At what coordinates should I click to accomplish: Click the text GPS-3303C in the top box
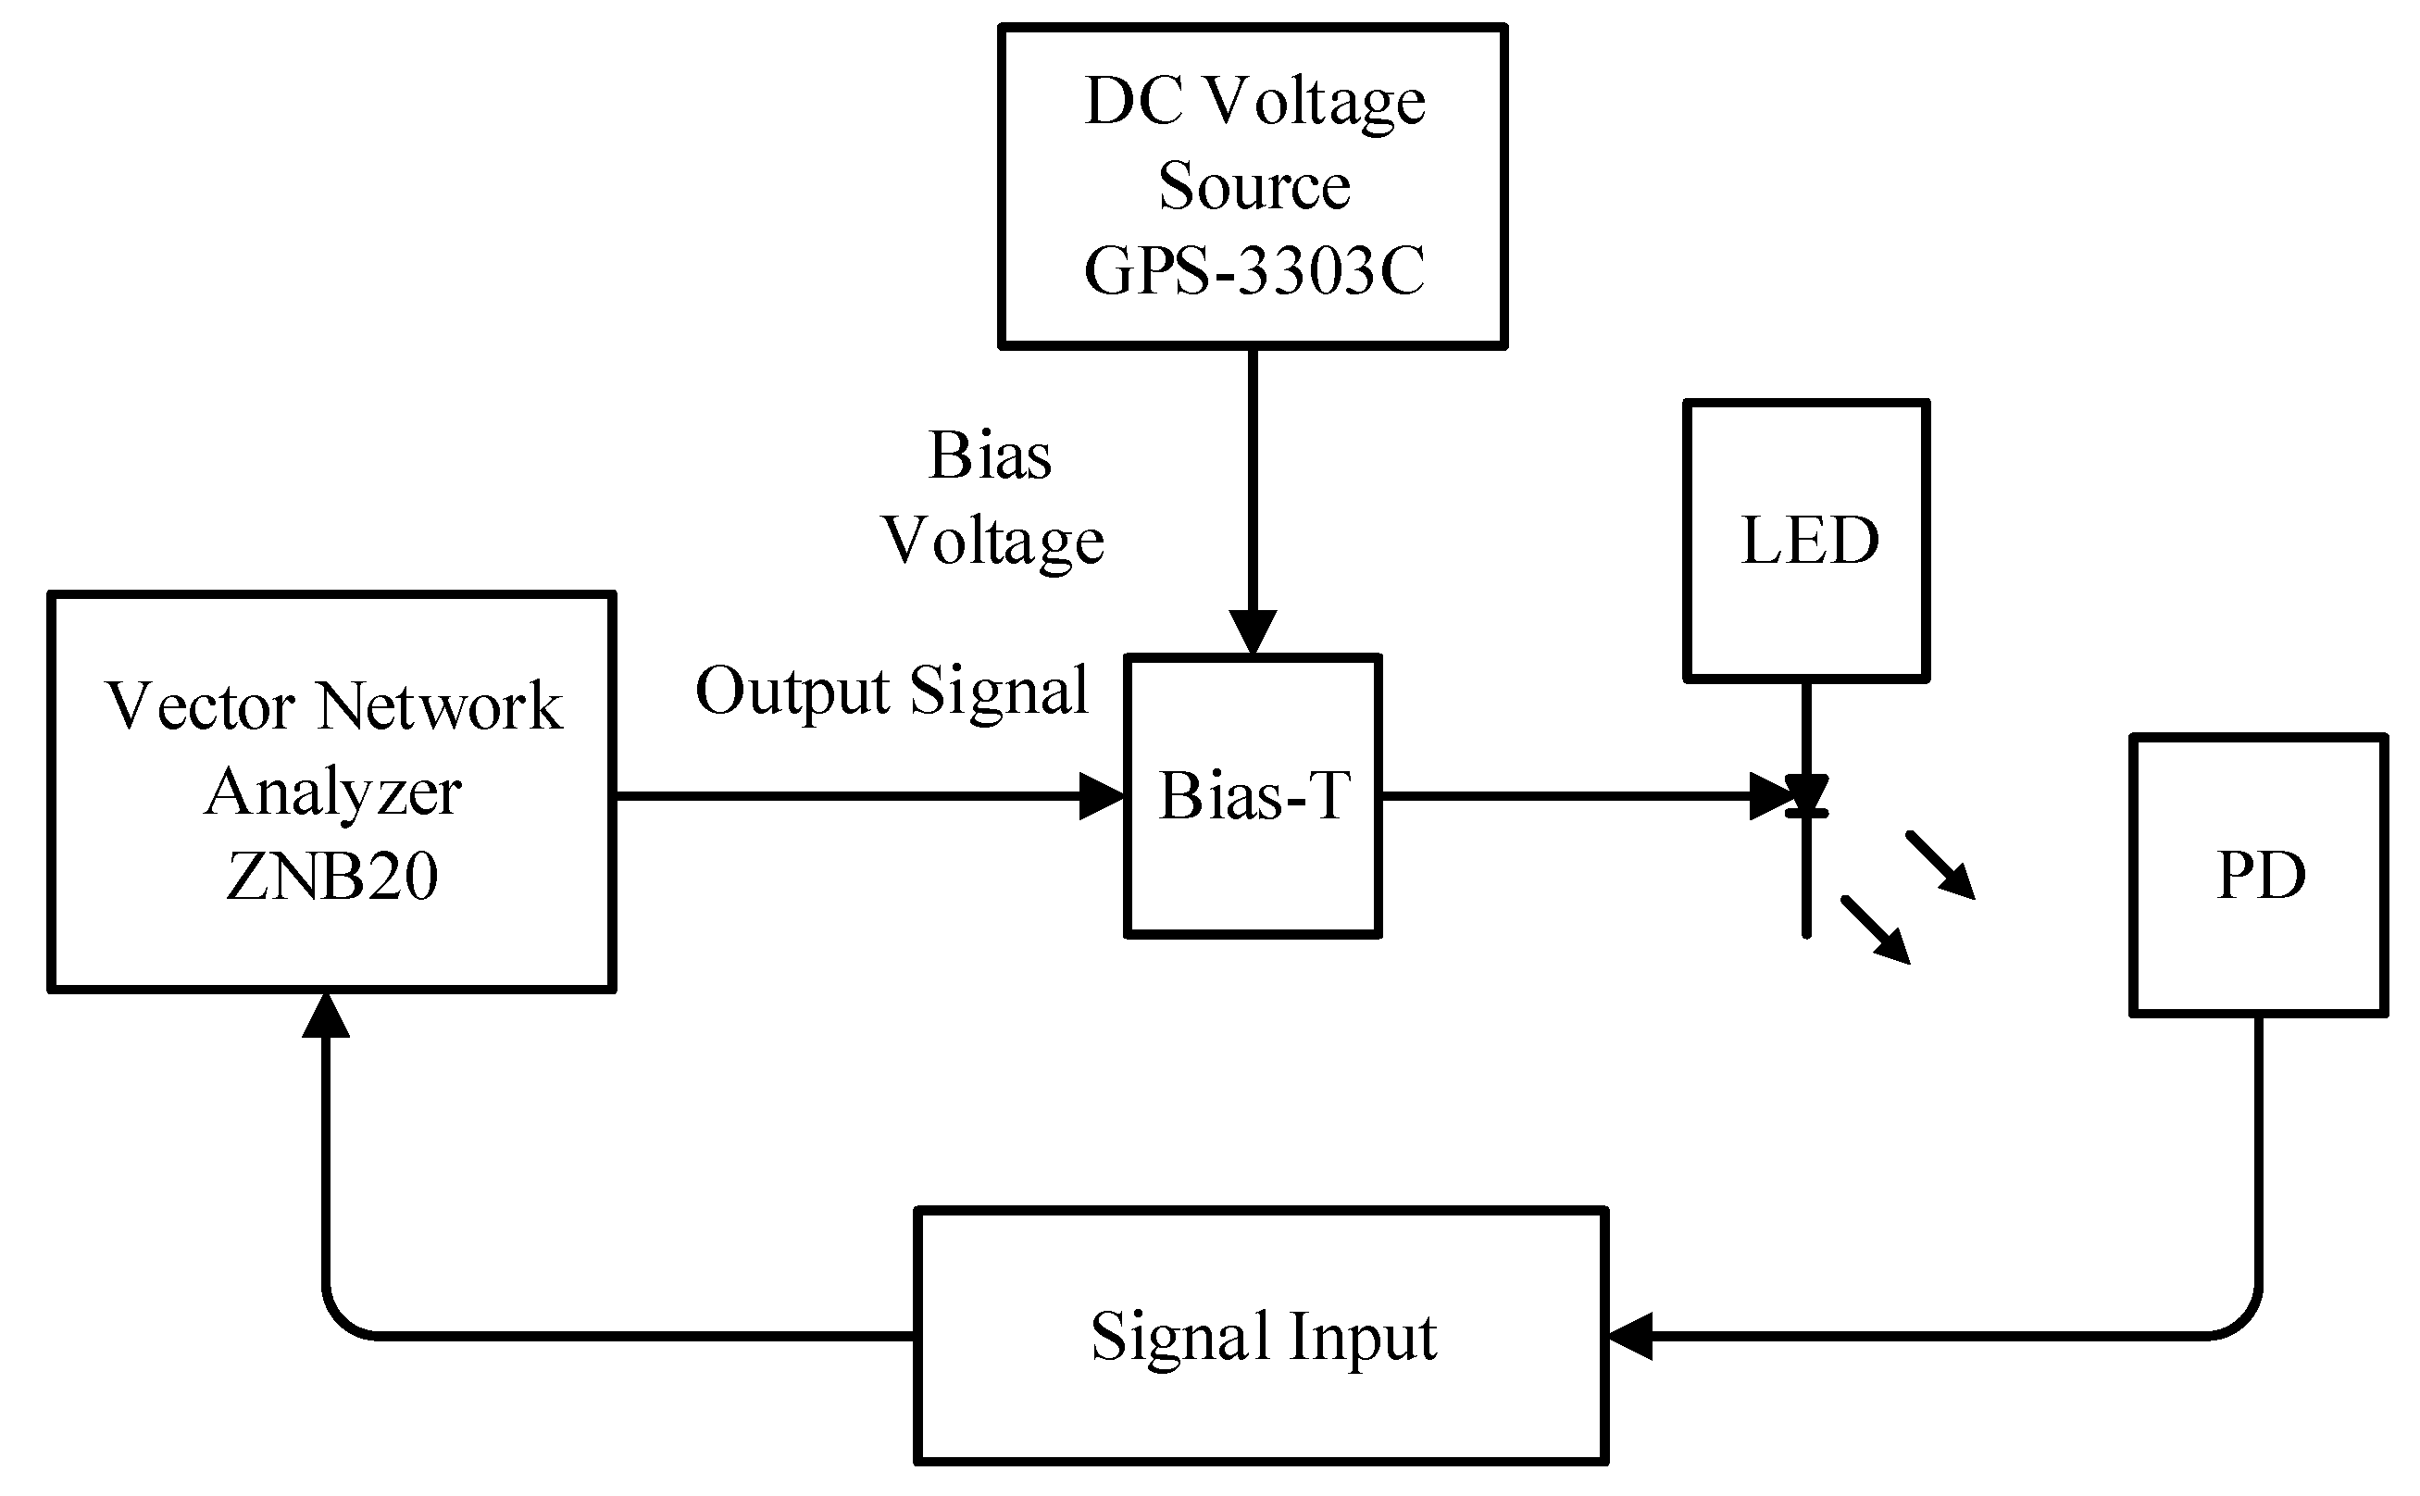pos(1254,271)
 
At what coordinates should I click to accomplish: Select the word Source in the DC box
pos(1254,186)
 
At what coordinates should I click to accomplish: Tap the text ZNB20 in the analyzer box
pos(331,877)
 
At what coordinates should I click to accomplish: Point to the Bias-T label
pos(1254,795)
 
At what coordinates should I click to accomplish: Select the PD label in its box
pos(2261,876)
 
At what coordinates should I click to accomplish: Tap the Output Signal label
pos(891,691)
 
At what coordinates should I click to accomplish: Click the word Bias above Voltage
pos(990,456)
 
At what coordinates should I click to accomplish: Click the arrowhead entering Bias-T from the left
pos(1101,795)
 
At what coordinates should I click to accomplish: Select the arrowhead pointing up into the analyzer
pos(326,1016)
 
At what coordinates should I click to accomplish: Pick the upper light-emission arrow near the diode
pos(1942,866)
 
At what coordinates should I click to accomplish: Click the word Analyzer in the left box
pos(332,792)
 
